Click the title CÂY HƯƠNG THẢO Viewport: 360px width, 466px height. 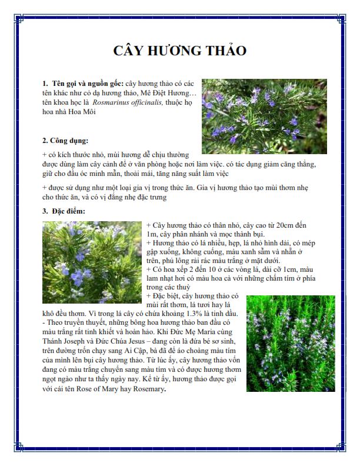pyautogui.click(x=179, y=51)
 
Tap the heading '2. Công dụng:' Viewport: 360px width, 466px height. pyautogui.click(x=65, y=141)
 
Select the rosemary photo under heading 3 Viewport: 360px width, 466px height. pyautogui.click(x=92, y=262)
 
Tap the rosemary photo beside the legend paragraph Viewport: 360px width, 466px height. pyautogui.click(x=291, y=343)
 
